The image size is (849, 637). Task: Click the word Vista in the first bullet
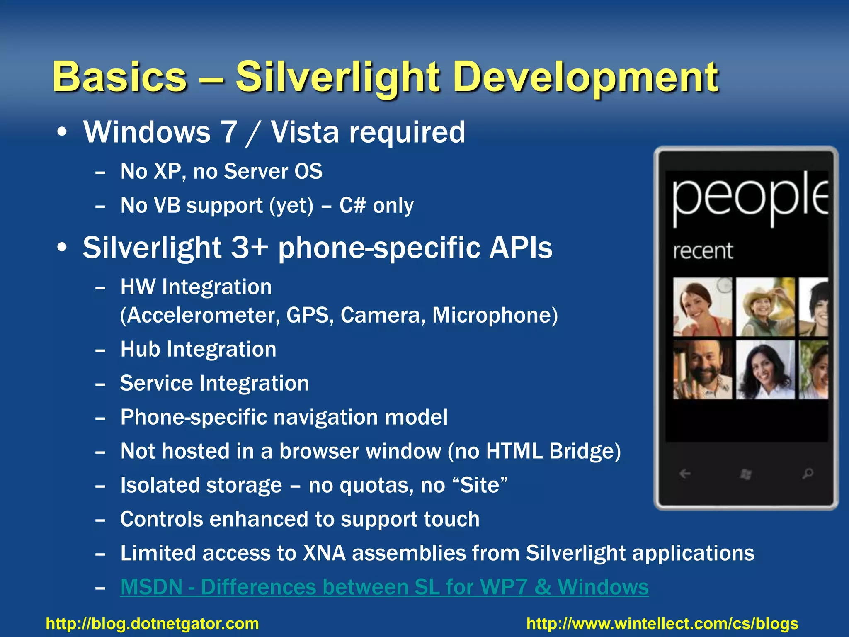pyautogui.click(x=305, y=133)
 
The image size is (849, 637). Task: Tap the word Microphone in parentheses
pyautogui.click(x=492, y=315)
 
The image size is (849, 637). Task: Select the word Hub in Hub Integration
pyautogui.click(x=140, y=349)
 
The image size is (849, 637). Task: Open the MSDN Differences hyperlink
pyautogui.click(x=384, y=587)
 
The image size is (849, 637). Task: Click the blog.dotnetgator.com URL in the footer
pyautogui.click(x=152, y=624)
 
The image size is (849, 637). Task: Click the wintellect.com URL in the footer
pyautogui.click(x=662, y=624)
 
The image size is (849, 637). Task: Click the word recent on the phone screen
pyautogui.click(x=702, y=251)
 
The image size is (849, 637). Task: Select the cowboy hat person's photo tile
pyautogui.click(x=765, y=307)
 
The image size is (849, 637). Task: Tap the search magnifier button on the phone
pyautogui.click(x=807, y=473)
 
